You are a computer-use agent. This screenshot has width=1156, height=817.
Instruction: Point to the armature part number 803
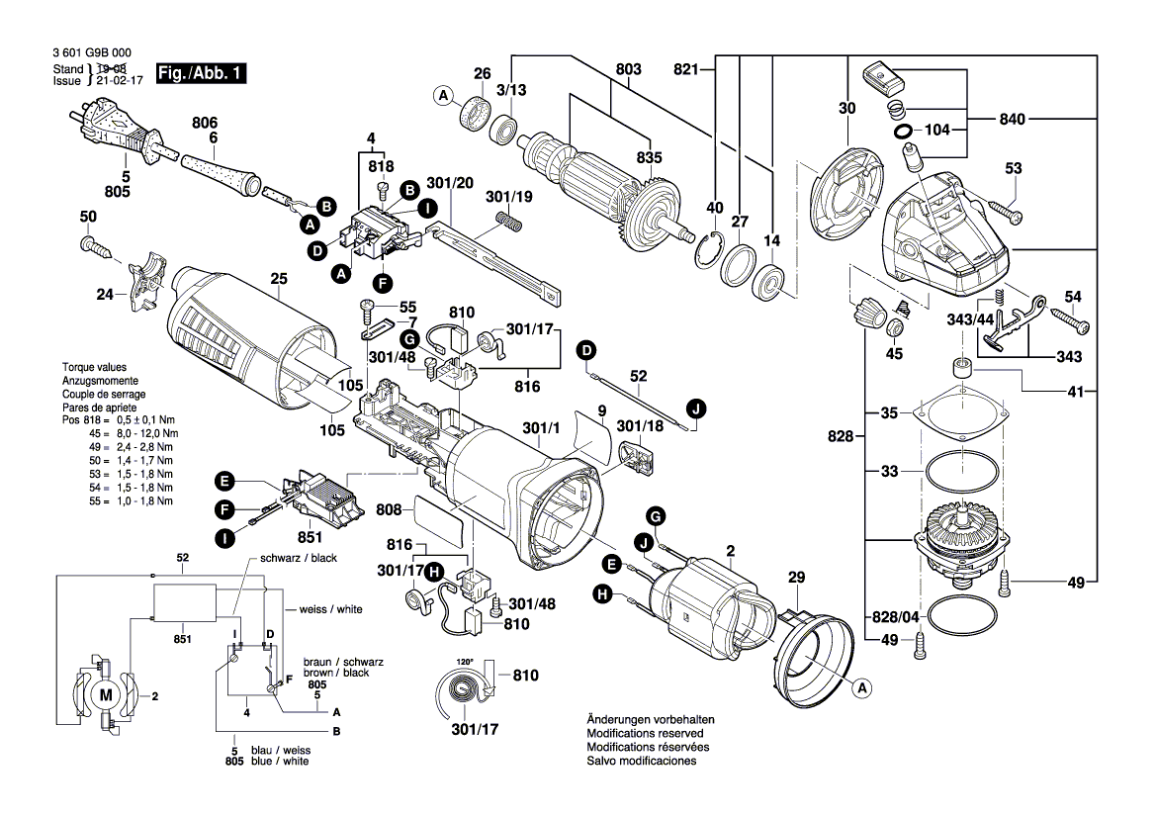[x=628, y=69]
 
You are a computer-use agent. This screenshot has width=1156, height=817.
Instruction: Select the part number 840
[x=1041, y=119]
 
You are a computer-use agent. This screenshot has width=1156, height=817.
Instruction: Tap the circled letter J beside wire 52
[x=696, y=408]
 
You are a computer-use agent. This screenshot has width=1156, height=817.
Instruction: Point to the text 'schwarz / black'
[x=298, y=558]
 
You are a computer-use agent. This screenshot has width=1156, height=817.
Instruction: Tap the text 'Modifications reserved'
[x=645, y=733]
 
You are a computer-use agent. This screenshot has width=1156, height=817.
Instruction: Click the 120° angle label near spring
[x=464, y=661]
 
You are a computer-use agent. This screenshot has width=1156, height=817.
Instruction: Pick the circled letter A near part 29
[x=860, y=687]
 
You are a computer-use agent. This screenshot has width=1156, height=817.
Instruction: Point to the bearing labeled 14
[x=769, y=284]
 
